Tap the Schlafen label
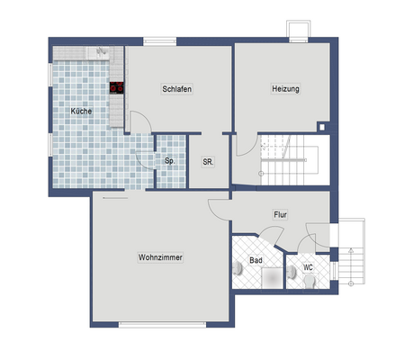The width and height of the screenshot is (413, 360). (177, 88)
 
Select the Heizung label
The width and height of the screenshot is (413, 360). (284, 88)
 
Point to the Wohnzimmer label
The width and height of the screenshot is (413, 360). (160, 257)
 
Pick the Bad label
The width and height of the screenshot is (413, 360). (255, 262)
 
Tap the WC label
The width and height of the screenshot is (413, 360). (308, 267)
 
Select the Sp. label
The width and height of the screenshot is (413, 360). (168, 161)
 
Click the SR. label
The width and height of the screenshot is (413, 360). (207, 161)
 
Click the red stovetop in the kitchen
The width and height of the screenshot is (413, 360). (117, 88)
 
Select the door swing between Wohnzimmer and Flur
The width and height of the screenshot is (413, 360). (219, 208)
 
